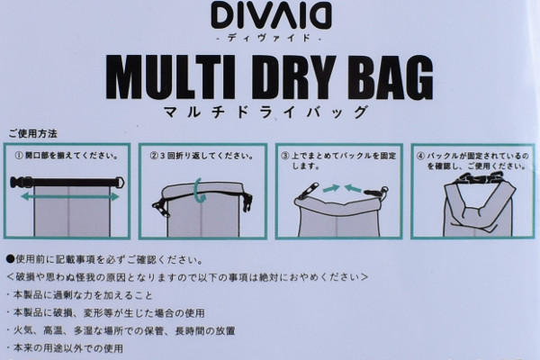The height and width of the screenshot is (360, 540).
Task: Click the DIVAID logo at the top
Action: [x=272, y=15]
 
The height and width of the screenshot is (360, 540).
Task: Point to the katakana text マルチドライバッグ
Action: [x=265, y=112]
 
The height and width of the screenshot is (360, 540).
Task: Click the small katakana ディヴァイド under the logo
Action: [x=269, y=38]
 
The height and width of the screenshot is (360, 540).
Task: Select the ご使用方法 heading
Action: [x=32, y=134]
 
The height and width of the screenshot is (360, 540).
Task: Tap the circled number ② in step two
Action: [x=154, y=156]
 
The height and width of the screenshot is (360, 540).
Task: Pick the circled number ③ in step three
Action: [x=285, y=156]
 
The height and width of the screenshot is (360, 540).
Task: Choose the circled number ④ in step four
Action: [x=421, y=156]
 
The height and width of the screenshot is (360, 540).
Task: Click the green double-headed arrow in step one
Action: [x=70, y=197]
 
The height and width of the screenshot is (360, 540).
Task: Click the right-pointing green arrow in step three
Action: [x=331, y=188]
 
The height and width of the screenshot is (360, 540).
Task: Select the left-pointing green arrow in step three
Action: [x=354, y=188]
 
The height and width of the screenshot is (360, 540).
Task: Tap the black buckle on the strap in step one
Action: [x=22, y=182]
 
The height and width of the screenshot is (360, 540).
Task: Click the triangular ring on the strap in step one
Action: [x=119, y=182]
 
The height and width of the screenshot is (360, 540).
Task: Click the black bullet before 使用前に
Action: [x=10, y=259]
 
